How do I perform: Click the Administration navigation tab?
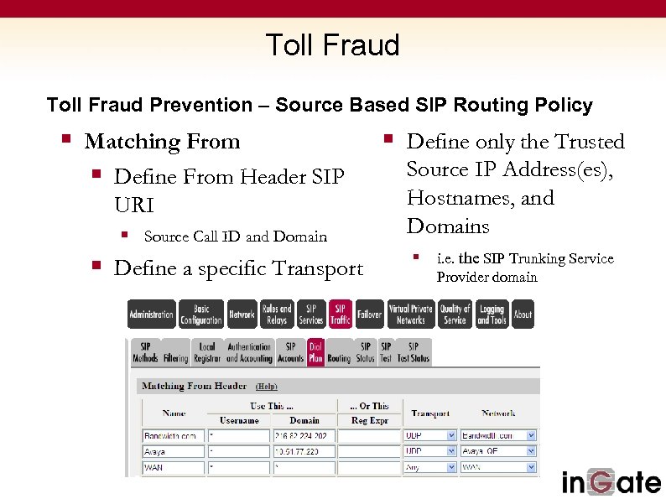tap(151, 314)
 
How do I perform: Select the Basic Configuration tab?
tap(201, 314)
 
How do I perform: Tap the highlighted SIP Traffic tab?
tap(341, 314)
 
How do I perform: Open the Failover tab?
tap(369, 314)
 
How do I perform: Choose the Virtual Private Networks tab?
tap(411, 314)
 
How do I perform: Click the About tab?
tap(523, 314)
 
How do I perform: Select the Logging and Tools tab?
tap(492, 314)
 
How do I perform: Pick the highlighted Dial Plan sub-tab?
tap(315, 352)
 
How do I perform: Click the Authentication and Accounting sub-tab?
tap(249, 352)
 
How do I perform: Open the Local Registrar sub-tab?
tap(207, 352)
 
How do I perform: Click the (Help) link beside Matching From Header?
tap(266, 387)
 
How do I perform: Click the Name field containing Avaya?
tap(173, 451)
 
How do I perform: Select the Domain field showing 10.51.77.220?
tap(304, 451)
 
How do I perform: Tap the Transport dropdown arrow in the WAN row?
tap(451, 466)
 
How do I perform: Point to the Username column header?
tap(239, 420)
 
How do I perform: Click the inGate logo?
tap(611, 482)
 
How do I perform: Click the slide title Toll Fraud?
tap(332, 44)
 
